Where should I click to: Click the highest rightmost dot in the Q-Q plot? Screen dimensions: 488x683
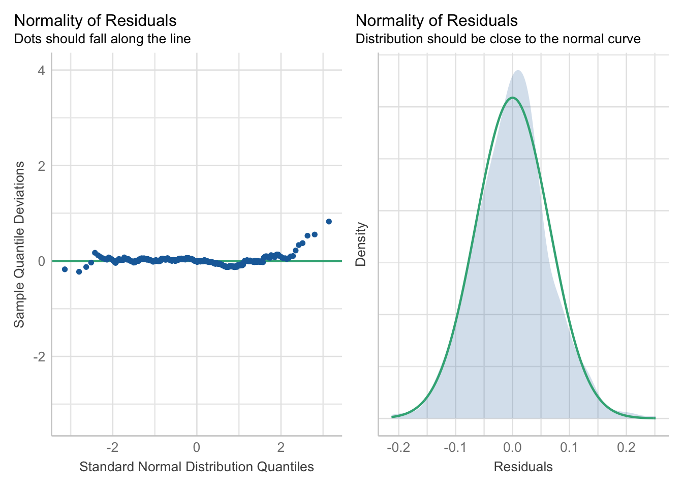pos(329,222)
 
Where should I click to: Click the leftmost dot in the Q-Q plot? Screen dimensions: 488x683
pos(65,269)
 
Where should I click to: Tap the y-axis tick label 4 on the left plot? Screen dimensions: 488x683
pos(41,70)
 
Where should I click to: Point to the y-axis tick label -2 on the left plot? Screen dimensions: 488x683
pos(39,357)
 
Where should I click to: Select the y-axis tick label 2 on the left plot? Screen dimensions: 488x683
pos(41,166)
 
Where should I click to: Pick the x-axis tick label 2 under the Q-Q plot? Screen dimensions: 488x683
pos(281,448)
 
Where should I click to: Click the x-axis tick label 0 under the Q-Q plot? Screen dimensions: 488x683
pos(197,448)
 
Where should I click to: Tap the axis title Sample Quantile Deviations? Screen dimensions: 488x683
pos(19,245)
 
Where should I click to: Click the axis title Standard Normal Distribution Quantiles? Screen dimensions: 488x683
pos(197,467)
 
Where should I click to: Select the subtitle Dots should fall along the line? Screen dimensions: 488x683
pos(103,39)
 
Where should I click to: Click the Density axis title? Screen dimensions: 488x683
pos(361,244)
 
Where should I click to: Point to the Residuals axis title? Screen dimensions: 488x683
pos(523,467)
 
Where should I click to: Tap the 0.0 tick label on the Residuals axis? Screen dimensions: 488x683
pos(512,448)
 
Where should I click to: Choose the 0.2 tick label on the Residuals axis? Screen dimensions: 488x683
pos(626,448)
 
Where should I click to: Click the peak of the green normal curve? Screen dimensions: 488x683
pos(512,98)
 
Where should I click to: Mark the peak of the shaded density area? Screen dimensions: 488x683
pos(518,71)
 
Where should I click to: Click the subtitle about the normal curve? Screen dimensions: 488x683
pos(498,39)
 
